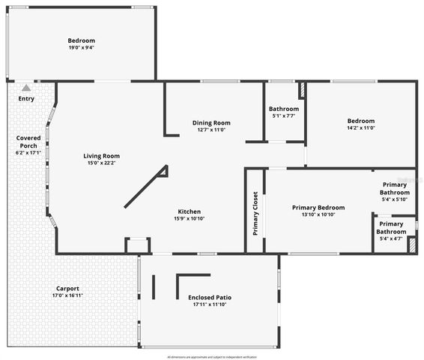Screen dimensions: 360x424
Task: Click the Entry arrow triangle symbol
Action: pyautogui.click(x=26, y=88)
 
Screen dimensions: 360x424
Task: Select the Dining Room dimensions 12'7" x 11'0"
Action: pyautogui.click(x=211, y=130)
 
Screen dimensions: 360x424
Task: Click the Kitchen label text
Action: pyautogui.click(x=189, y=211)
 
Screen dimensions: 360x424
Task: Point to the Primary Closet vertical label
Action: pyautogui.click(x=255, y=213)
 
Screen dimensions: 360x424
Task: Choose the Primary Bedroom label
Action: pyautogui.click(x=318, y=208)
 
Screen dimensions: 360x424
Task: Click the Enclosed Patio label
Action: pyautogui.click(x=210, y=298)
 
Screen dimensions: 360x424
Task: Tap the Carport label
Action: pyautogui.click(x=67, y=289)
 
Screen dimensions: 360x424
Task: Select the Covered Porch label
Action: pyautogui.click(x=28, y=142)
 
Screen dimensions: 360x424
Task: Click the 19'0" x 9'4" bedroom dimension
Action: pyautogui.click(x=81, y=47)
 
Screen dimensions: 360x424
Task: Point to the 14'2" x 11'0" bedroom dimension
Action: pyautogui.click(x=360, y=127)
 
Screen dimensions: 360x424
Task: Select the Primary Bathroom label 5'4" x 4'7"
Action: pyautogui.click(x=391, y=227)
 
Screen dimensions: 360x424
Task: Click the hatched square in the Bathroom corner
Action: pyautogui.click(x=302, y=90)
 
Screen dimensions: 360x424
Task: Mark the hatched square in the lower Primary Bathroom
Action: pyautogui.click(x=411, y=245)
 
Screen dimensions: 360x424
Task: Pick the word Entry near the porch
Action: pyautogui.click(x=26, y=98)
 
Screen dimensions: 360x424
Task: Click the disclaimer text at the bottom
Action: pyautogui.click(x=212, y=357)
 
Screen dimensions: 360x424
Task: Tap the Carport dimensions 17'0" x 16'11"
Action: pyautogui.click(x=67, y=295)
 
